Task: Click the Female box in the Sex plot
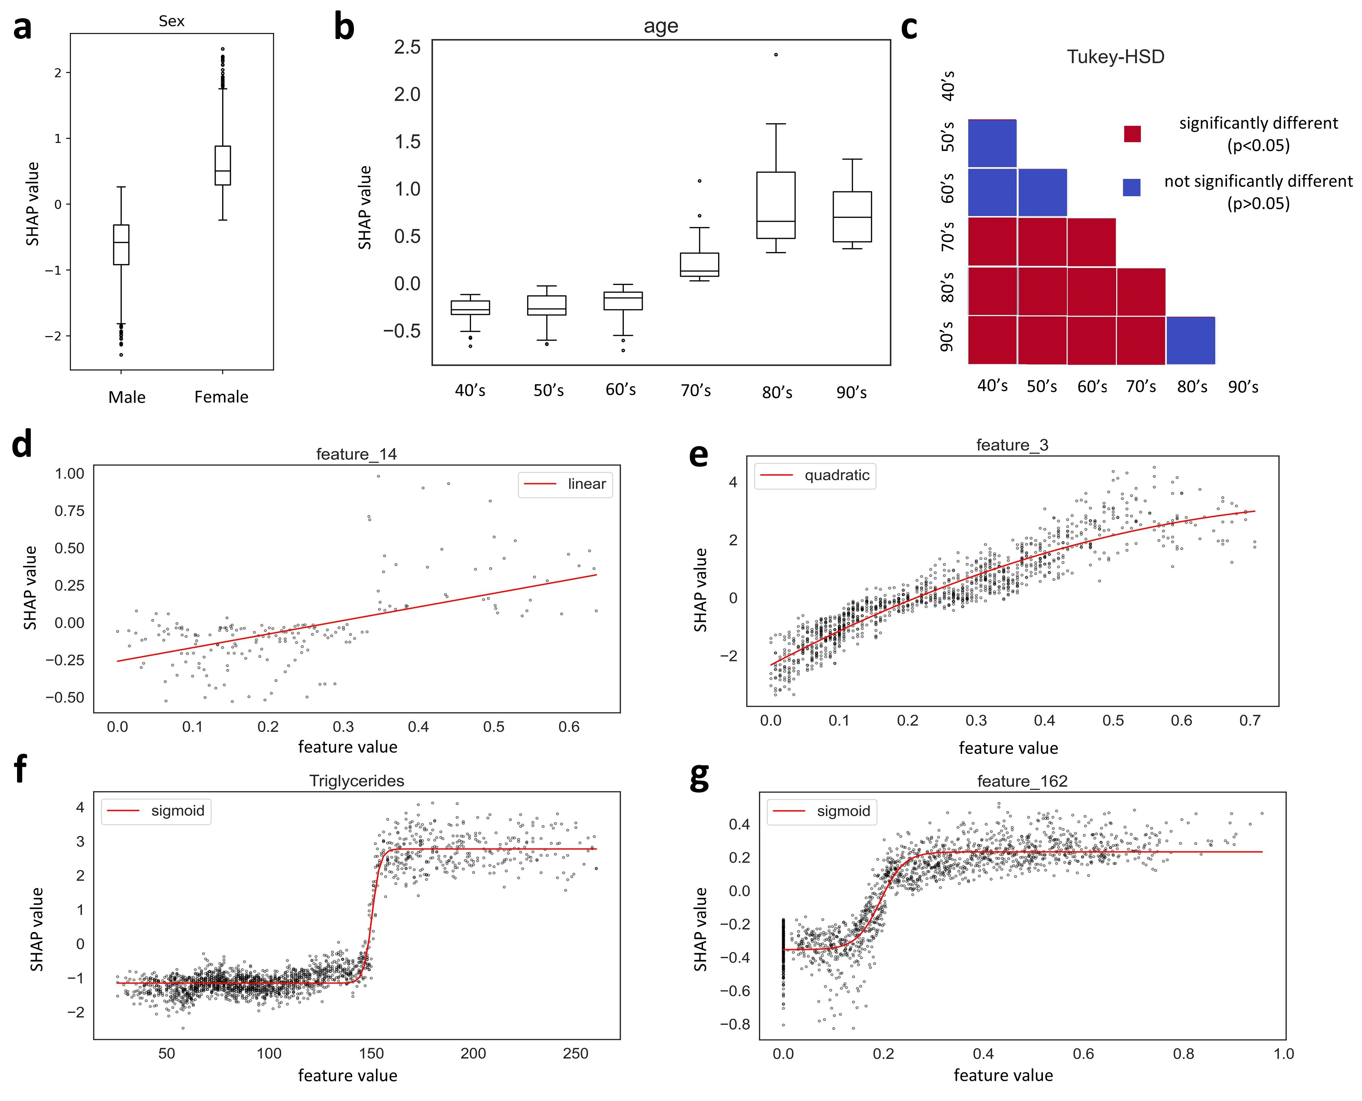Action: pyautogui.click(x=222, y=166)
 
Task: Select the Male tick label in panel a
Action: pyautogui.click(x=127, y=397)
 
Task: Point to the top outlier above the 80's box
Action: pyautogui.click(x=776, y=55)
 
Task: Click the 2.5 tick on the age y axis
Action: pyautogui.click(x=407, y=47)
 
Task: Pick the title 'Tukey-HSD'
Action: pyautogui.click(x=1115, y=57)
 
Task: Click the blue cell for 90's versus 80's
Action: pyautogui.click(x=1190, y=341)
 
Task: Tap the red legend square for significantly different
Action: pyautogui.click(x=1132, y=134)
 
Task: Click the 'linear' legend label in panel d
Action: pyautogui.click(x=587, y=484)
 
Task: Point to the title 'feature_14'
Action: pyautogui.click(x=356, y=454)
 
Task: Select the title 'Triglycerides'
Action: pyautogui.click(x=356, y=781)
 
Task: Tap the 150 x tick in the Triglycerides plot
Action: pyautogui.click(x=371, y=1053)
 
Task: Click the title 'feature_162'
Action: pyautogui.click(x=1022, y=781)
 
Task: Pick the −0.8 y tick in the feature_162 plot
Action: pyautogui.click(x=734, y=1024)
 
